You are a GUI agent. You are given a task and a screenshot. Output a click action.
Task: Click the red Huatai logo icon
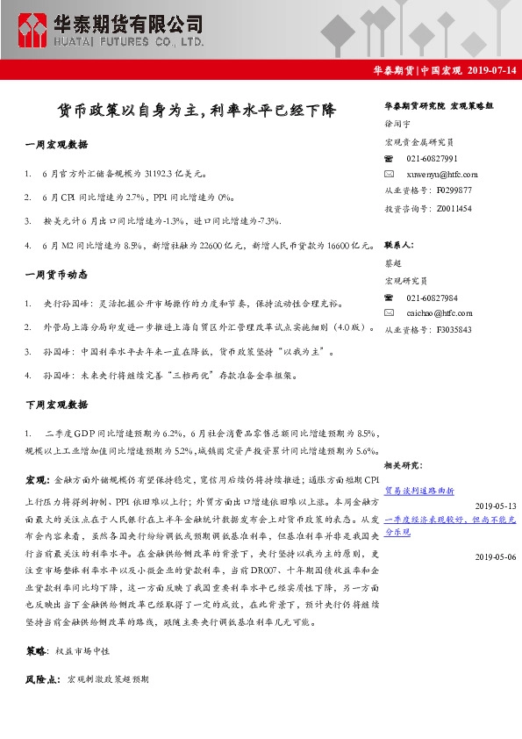(32, 30)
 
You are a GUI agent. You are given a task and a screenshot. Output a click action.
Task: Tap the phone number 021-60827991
(432, 159)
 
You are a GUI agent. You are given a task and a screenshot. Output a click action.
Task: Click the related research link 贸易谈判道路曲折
(419, 491)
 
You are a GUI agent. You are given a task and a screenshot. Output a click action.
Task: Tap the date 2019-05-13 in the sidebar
(495, 506)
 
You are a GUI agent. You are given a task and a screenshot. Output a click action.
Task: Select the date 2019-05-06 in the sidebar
(495, 556)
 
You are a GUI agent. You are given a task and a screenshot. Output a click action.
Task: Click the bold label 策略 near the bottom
(38, 652)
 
